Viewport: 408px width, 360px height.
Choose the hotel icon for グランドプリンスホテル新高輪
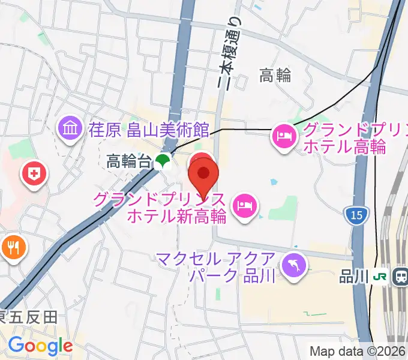point(245,207)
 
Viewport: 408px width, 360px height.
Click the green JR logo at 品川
point(380,277)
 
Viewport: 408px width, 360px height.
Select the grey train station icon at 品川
point(399,277)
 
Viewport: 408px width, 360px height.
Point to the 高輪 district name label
point(275,76)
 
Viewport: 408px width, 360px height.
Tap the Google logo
point(40,346)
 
